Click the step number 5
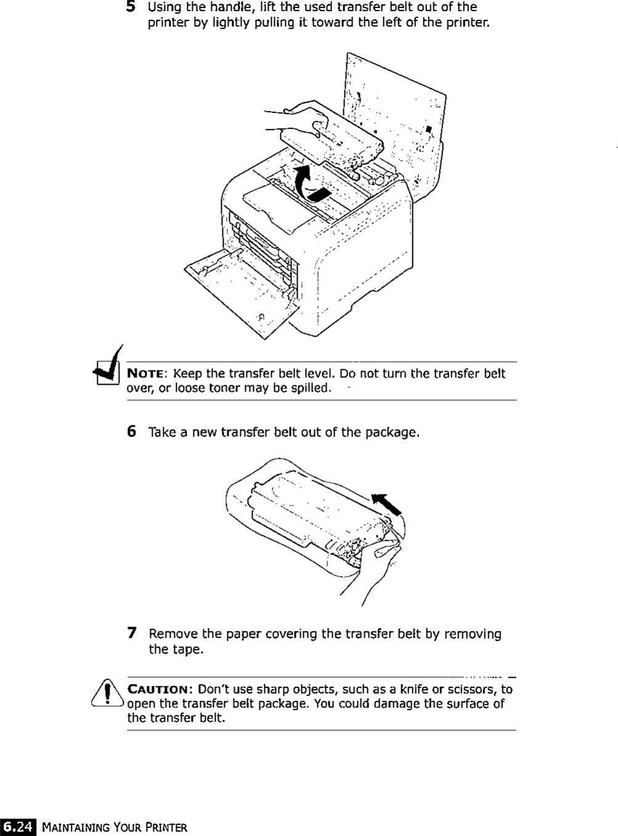click(x=131, y=7)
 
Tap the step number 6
click(x=131, y=432)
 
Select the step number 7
click(x=131, y=633)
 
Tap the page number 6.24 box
click(x=18, y=827)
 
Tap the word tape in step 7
click(x=188, y=650)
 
